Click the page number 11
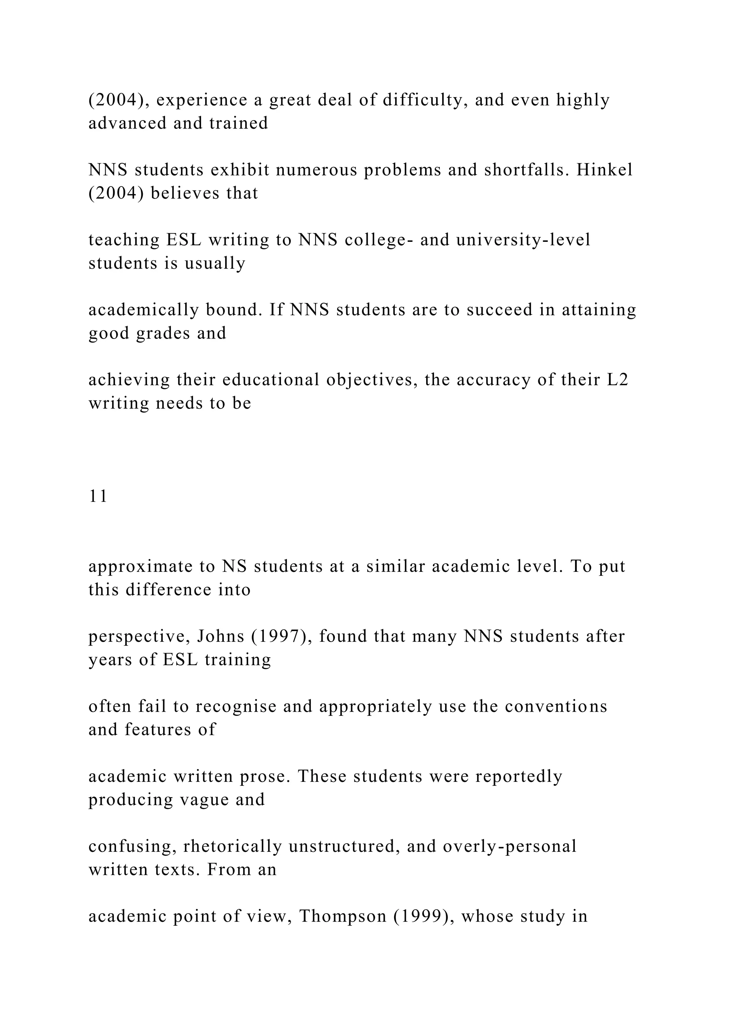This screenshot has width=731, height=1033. [x=98, y=496]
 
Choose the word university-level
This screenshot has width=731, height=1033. [x=523, y=240]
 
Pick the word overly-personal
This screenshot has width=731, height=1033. [x=510, y=846]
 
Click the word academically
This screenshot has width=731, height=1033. [x=143, y=310]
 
